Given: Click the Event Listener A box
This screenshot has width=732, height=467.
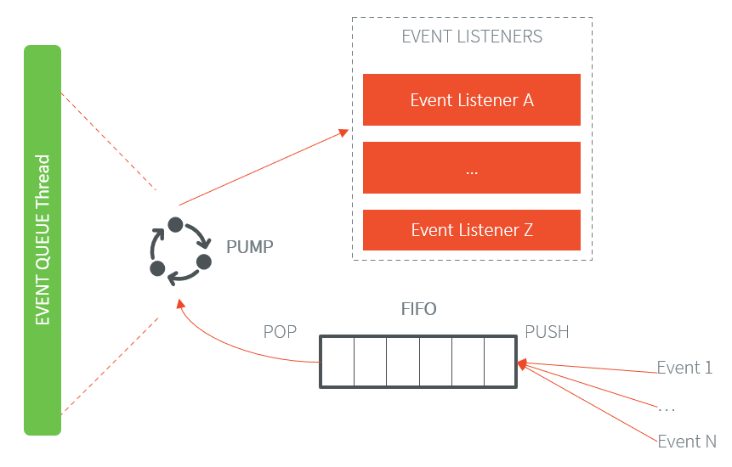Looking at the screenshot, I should (x=471, y=100).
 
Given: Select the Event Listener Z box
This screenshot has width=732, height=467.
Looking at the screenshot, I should (x=471, y=230).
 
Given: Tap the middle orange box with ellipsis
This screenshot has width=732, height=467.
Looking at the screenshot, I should (x=471, y=167).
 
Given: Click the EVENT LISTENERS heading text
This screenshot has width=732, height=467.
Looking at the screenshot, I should (x=472, y=37).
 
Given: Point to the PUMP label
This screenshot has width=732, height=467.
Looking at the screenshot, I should (x=251, y=248).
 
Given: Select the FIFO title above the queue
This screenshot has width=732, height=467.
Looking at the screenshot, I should (x=418, y=309).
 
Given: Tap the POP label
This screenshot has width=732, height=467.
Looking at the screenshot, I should (x=280, y=332).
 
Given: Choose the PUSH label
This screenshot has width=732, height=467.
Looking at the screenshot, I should (x=547, y=332).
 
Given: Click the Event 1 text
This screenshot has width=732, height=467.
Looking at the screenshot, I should (x=684, y=368).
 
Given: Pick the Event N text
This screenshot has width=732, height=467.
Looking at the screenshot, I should (x=686, y=442).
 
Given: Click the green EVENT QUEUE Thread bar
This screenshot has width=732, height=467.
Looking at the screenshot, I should (x=43, y=239).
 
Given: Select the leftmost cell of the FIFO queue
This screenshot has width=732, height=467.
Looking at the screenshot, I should (x=338, y=362).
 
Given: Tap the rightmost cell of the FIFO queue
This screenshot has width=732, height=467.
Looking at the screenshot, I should (x=499, y=362).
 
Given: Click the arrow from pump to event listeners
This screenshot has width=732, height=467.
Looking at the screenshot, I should (x=264, y=167).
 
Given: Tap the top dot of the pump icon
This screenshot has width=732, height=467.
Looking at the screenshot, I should (x=175, y=225).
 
